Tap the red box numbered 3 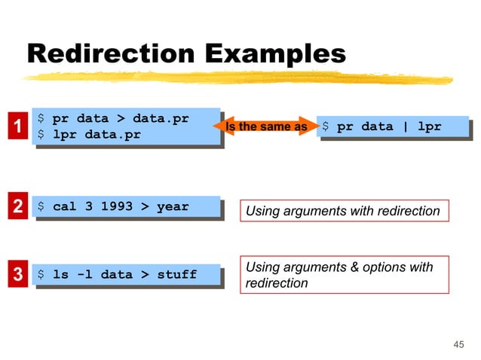(14, 275)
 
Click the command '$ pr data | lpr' (381, 127)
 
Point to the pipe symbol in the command (406, 127)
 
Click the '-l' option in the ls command (84, 275)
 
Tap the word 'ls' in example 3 (60, 275)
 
